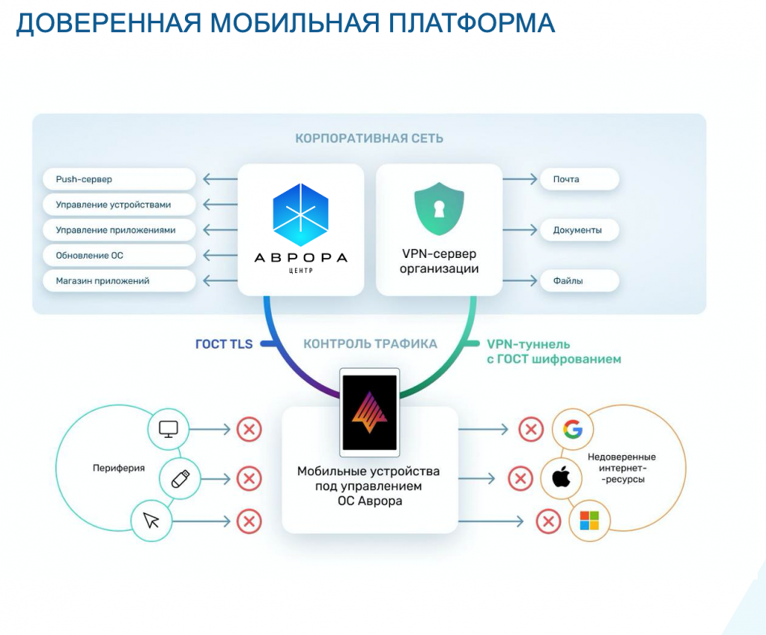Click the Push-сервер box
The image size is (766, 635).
click(119, 179)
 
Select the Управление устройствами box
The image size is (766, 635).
click(119, 205)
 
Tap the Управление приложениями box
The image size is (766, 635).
click(119, 230)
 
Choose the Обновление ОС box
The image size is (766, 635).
click(119, 256)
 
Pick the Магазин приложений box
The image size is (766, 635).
click(119, 281)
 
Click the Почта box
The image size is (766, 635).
click(579, 179)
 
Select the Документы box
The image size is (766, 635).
click(579, 230)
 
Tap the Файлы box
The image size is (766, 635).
click(579, 281)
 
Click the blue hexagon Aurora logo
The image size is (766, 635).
click(300, 214)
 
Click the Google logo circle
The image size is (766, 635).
click(573, 430)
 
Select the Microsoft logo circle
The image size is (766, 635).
click(589, 520)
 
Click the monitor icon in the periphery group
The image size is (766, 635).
click(168, 430)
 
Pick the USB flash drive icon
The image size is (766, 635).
click(179, 478)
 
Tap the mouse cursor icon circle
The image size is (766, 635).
click(152, 520)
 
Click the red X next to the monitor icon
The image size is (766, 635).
click(249, 430)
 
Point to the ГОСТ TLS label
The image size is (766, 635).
click(224, 344)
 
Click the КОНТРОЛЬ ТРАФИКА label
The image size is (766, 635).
click(370, 344)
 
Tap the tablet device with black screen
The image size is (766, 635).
click(368, 412)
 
